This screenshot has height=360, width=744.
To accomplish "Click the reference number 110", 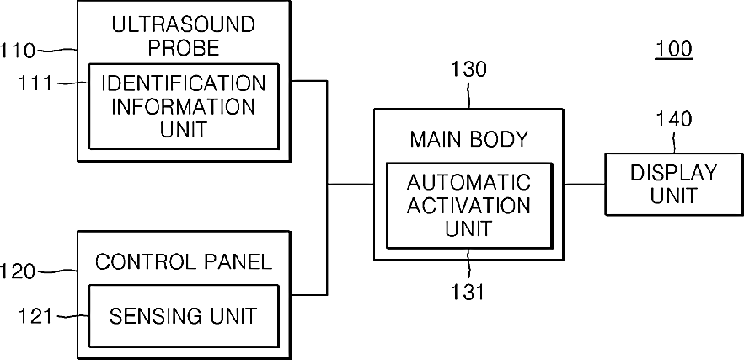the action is [x=18, y=51].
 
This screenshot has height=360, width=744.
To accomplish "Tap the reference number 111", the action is [x=35, y=83].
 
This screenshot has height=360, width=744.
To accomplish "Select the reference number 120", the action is [x=18, y=272].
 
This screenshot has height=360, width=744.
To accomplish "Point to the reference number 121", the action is [x=35, y=316].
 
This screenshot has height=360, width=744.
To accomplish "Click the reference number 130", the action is [x=468, y=70].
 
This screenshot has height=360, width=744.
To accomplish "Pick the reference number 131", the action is [x=468, y=292].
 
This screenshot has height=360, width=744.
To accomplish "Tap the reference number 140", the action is [x=674, y=119].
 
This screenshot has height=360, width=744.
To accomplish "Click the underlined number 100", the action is [x=674, y=49].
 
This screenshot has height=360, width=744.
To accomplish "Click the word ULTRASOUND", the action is [x=183, y=24].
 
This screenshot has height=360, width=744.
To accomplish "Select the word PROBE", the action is [x=184, y=48].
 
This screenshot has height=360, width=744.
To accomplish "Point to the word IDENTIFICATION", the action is [x=184, y=83].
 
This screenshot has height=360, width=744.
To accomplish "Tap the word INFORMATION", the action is [x=183, y=106].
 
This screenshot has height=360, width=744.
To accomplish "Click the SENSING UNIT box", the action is [x=184, y=316].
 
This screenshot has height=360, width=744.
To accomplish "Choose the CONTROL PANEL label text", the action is [x=184, y=261].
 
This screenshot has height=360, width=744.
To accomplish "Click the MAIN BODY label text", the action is [x=468, y=140].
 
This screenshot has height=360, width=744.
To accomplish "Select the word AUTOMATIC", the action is [x=468, y=182].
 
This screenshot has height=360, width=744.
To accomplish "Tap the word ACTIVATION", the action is [x=468, y=206].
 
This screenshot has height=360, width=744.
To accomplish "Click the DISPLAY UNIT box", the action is [x=674, y=185].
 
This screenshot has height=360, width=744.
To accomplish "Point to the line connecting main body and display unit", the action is [x=585, y=185].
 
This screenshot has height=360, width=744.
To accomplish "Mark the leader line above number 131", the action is [x=468, y=265].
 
